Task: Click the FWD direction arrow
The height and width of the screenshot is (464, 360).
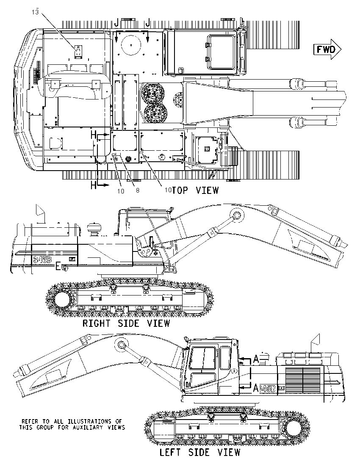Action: click(327, 49)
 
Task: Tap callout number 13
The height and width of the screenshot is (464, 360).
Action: click(35, 12)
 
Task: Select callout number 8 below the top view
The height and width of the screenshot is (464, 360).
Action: click(138, 190)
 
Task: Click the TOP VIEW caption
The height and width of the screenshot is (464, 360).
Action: click(195, 190)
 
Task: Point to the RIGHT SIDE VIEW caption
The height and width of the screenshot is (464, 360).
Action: click(126, 323)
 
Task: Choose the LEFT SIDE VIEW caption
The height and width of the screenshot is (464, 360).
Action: click(200, 452)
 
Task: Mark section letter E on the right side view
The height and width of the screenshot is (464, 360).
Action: click(58, 267)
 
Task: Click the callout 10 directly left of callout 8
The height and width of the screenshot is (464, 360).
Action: click(120, 191)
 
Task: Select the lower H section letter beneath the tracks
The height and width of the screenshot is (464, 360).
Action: click(94, 185)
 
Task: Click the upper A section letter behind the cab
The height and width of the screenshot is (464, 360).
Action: click(256, 359)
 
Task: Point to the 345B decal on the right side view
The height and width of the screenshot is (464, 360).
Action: click(42, 260)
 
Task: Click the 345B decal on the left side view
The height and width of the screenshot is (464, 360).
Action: click(267, 389)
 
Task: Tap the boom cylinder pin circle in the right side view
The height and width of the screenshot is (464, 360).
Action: click(237, 215)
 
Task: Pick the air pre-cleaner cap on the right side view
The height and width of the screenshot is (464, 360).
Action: click(94, 228)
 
